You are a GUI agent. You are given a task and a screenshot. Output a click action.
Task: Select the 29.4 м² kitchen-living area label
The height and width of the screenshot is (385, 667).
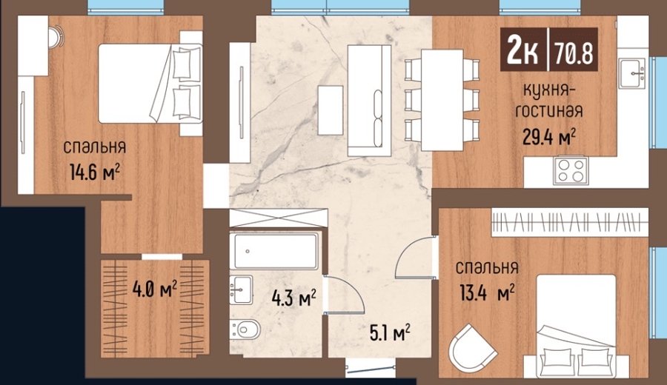(x=548, y=137)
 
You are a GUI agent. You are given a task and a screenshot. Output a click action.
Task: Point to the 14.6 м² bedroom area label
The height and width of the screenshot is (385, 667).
(x=94, y=172)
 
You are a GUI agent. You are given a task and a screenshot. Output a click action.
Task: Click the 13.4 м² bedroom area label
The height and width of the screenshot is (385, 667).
(x=487, y=292)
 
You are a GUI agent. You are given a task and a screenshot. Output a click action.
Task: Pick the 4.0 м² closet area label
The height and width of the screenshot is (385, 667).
(x=154, y=289)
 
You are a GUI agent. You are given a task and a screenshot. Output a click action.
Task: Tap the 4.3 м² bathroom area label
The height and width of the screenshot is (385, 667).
(x=293, y=298)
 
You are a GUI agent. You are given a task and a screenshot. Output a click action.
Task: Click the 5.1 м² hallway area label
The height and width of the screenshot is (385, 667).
(x=390, y=332)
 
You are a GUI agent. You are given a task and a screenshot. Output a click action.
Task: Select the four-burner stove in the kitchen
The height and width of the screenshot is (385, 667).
(x=571, y=171)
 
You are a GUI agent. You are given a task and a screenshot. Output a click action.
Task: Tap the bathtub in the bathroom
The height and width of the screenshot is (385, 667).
(x=276, y=251)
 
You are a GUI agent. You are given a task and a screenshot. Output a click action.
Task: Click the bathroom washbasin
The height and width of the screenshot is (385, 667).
(x=241, y=289)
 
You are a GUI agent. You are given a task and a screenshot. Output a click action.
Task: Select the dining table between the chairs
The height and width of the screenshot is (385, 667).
(x=442, y=100)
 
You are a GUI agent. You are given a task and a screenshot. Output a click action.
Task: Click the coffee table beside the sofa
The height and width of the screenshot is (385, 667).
(x=330, y=110)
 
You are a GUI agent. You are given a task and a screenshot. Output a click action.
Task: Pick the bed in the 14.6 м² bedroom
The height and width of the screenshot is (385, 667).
(x=150, y=83)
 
